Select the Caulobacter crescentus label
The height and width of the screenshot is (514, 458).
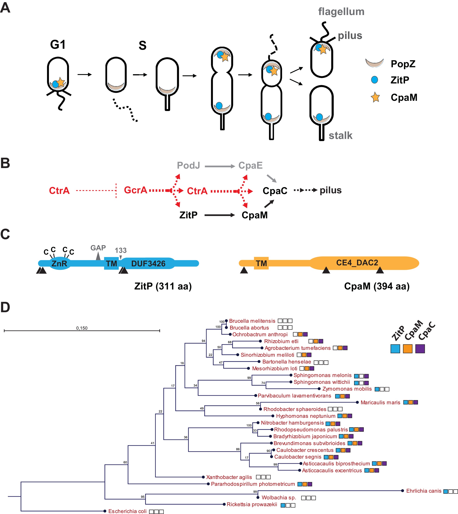[x=305, y=450]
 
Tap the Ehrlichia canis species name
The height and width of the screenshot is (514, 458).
[x=424, y=491]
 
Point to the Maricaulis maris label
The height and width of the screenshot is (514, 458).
[x=380, y=402]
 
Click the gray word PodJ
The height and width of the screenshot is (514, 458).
[x=188, y=165]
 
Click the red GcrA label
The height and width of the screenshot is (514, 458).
[x=135, y=190]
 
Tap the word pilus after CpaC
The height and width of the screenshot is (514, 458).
[x=330, y=190]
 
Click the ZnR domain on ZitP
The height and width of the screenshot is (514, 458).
[x=59, y=263]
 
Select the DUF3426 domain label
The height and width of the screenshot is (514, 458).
[x=148, y=263]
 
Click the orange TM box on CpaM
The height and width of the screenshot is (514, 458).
[x=261, y=263]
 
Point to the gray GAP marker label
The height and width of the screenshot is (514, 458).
[x=98, y=248]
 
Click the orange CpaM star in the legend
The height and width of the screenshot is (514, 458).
[x=375, y=97]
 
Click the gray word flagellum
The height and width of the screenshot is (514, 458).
[x=341, y=12]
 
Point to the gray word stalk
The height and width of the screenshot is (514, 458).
[x=340, y=135]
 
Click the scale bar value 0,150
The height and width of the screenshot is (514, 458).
[x=82, y=328]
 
